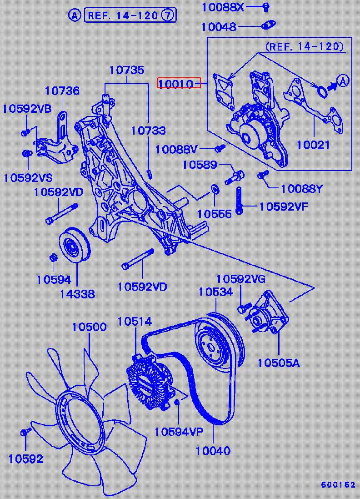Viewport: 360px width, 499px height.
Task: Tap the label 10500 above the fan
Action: coord(89,327)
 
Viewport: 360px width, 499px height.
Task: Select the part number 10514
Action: coord(135,322)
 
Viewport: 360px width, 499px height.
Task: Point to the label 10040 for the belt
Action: coord(213,451)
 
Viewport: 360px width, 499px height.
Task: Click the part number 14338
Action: coord(77,294)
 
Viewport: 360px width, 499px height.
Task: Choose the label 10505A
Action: coord(279,363)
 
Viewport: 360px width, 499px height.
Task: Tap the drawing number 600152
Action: coord(338,485)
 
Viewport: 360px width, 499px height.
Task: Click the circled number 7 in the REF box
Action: coord(168,15)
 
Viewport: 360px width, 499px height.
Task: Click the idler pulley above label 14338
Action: coord(74,246)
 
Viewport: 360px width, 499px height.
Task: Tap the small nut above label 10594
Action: coord(53,258)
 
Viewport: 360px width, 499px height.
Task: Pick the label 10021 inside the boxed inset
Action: coord(313,145)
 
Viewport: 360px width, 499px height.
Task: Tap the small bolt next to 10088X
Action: coord(266,6)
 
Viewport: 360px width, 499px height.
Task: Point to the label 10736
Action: coord(62,91)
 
